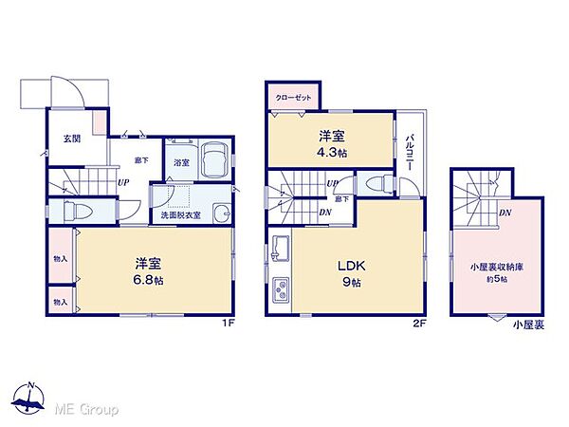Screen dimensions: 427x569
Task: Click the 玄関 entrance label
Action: [72, 139]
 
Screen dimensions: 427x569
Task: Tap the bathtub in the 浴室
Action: [213, 158]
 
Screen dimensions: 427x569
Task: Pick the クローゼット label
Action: [291, 97]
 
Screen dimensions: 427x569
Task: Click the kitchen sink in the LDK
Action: [282, 250]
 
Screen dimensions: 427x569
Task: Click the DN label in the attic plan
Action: [505, 213]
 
